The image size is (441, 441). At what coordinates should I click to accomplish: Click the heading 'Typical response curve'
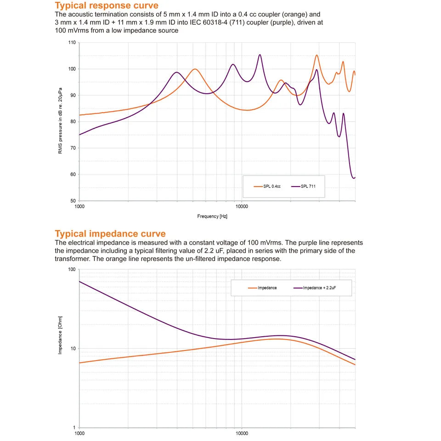click(x=107, y=6)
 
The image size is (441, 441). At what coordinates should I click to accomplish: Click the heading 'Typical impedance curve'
click(x=110, y=234)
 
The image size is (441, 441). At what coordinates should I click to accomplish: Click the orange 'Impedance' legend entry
click(x=262, y=288)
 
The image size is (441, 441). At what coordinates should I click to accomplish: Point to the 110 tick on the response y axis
click(x=72, y=43)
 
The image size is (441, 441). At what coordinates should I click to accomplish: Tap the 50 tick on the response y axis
click(x=73, y=201)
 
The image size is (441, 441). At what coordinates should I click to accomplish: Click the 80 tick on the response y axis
click(x=73, y=122)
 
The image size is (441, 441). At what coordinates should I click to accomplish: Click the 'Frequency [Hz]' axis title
click(x=212, y=216)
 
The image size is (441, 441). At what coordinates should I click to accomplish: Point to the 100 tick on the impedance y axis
click(x=71, y=270)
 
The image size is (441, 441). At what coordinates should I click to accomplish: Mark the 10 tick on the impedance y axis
click(x=72, y=348)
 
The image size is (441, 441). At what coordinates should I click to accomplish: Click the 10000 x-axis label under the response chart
click(x=242, y=207)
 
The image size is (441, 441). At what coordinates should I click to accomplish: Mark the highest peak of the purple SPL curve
click(x=260, y=55)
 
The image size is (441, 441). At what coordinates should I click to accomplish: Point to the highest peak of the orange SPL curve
click(x=317, y=55)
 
